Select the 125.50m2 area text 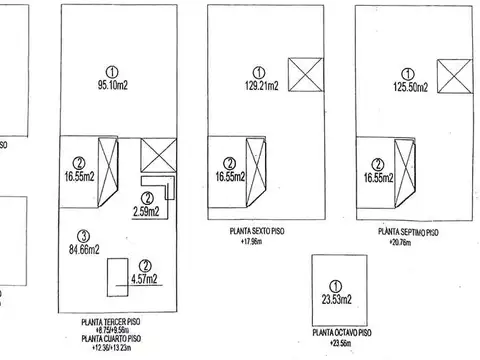(x=407, y=87)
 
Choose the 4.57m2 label (x=147, y=281)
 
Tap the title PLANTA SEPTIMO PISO (x=408, y=231)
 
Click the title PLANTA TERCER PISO (x=111, y=323)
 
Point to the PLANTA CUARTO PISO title (x=111, y=341)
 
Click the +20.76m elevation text (x=408, y=241)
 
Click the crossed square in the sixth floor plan (x=302, y=74)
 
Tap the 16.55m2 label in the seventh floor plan (x=377, y=178)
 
